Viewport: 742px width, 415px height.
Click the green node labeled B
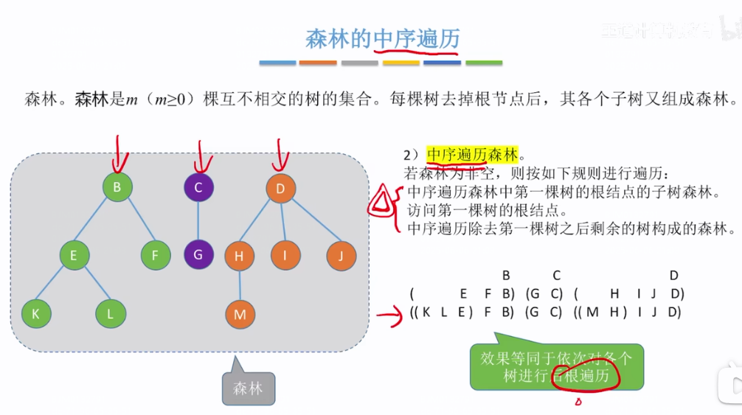point(117,187)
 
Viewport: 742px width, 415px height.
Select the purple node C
point(198,188)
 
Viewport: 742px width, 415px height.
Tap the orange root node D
point(280,189)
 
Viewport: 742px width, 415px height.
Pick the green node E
point(74,256)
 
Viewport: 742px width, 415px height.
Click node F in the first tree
point(156,256)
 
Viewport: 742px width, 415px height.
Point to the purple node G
point(198,255)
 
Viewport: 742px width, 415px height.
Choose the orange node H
point(239,257)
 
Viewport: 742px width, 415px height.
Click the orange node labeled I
point(285,256)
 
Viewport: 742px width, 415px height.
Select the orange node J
point(341,256)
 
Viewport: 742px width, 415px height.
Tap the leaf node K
point(35,314)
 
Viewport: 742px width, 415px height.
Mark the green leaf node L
point(111,314)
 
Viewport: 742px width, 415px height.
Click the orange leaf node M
point(239,315)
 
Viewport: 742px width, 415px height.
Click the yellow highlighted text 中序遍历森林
point(473,154)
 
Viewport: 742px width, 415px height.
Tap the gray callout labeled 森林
point(249,388)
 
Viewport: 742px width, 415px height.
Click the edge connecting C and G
point(198,221)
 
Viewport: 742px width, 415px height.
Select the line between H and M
point(239,286)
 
